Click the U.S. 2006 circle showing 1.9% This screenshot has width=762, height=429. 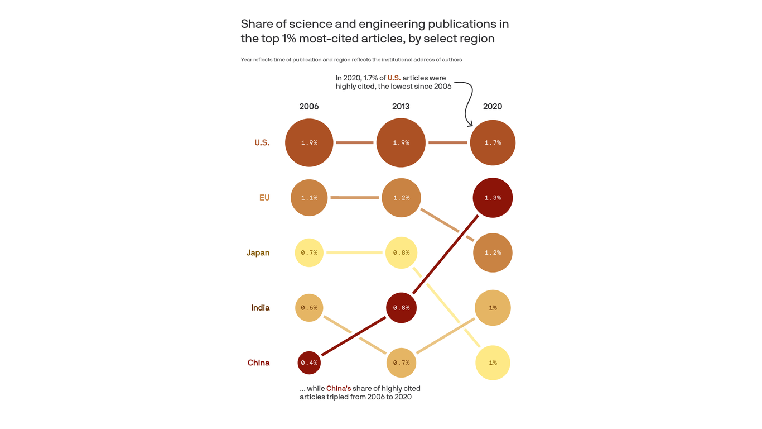coord(309,142)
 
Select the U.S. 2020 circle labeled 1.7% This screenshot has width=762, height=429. coord(493,142)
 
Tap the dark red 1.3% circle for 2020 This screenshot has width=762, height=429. coord(493,198)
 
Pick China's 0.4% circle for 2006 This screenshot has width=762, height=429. coord(309,363)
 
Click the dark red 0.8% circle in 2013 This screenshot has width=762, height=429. coord(401,308)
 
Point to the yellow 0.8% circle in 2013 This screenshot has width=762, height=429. coord(401,252)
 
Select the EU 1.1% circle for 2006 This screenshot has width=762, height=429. coord(309,198)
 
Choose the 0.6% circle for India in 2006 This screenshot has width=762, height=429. coord(309,308)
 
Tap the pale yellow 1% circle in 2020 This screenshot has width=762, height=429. coord(493,363)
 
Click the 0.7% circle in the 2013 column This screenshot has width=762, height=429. coord(401,363)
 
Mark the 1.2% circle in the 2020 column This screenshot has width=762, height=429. coord(493,252)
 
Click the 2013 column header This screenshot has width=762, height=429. coord(401,107)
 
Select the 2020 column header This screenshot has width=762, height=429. coord(493,107)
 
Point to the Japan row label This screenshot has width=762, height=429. coord(258,253)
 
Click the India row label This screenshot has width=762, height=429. coord(260,308)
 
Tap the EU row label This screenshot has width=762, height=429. coord(264,198)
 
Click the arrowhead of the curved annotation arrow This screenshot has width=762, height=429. coord(470,124)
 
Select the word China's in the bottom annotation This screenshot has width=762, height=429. coord(339,388)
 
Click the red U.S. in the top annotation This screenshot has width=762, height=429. coord(394,78)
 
